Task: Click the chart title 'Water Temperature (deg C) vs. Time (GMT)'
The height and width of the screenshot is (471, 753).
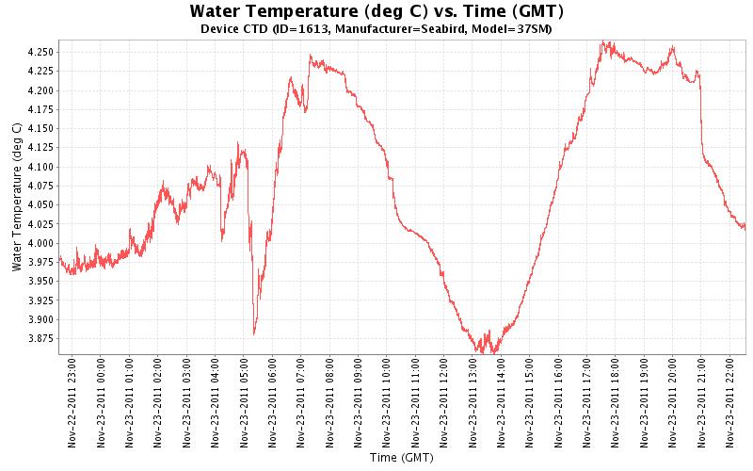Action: pos(376,12)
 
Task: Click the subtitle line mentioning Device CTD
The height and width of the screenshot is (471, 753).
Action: pos(376,29)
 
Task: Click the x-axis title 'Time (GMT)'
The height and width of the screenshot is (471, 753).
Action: pos(402,459)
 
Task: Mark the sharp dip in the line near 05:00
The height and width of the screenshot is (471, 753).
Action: pos(254,333)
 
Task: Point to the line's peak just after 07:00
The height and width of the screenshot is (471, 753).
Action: pos(311,56)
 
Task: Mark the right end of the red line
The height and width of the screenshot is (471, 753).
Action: pos(745,227)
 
